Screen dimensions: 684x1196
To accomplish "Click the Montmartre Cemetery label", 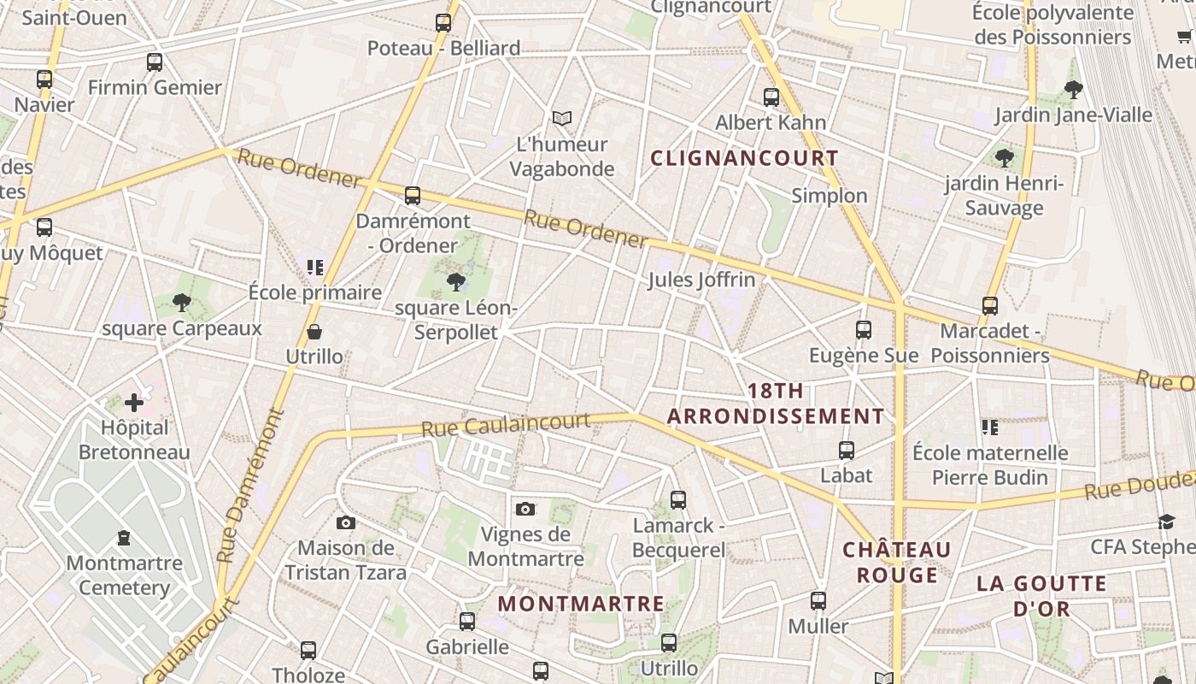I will click(x=125, y=575).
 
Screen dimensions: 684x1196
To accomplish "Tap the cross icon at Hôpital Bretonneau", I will click(x=134, y=402).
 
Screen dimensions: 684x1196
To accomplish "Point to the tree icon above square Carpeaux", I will click(x=181, y=301).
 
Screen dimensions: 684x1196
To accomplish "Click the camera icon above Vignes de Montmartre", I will click(x=525, y=510).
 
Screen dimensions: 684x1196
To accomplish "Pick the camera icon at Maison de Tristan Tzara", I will click(x=345, y=522).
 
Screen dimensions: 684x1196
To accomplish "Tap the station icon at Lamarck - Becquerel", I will click(x=678, y=500).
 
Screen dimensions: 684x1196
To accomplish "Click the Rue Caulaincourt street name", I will click(x=506, y=424).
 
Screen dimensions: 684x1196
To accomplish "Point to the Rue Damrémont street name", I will click(x=249, y=486).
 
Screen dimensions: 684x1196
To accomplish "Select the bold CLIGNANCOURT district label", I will click(x=744, y=158).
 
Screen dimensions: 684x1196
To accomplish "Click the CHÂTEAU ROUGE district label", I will click(x=897, y=562).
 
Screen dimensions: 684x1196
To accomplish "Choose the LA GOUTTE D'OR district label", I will click(x=1041, y=596).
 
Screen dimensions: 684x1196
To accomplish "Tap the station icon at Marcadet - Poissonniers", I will click(x=990, y=306).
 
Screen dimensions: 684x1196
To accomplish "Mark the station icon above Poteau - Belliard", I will click(x=443, y=23).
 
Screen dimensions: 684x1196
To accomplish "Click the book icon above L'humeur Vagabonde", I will click(x=561, y=118).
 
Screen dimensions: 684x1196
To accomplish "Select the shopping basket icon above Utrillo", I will click(x=314, y=332).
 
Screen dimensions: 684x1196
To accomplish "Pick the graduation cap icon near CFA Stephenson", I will click(x=1167, y=522).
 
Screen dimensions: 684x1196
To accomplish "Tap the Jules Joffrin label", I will click(x=701, y=280).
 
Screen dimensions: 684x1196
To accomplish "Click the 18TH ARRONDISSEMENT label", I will click(x=776, y=404).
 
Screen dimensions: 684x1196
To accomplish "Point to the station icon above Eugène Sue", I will click(x=864, y=330).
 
